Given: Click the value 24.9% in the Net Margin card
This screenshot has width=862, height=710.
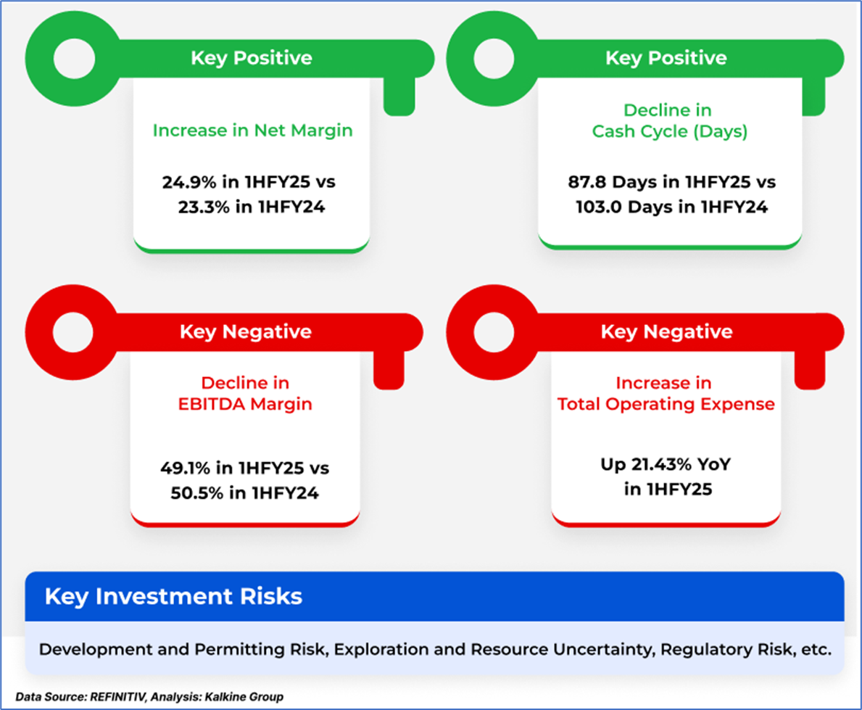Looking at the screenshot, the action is point(188,182).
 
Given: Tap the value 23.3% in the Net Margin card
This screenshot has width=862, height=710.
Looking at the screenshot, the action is point(204,207).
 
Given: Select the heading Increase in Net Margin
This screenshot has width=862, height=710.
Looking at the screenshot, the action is point(252,131).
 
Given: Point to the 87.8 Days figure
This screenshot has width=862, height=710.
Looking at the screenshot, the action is point(614,182).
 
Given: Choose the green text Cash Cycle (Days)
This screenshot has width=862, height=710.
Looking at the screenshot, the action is point(670,131).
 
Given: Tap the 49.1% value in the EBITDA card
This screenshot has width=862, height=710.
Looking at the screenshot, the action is point(186,468).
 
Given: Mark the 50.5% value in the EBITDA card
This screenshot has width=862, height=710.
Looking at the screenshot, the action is point(196,492).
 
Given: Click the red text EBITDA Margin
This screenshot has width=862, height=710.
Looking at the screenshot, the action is point(245,404).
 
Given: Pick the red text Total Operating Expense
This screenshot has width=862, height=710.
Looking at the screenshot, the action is point(666,404).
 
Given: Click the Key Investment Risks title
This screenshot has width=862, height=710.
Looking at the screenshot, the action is point(174,597).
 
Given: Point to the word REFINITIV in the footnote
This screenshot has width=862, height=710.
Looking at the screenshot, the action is point(117,697).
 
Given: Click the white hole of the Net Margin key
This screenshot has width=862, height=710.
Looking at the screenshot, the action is point(74,59).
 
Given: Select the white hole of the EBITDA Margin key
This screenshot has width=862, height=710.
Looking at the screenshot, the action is point(73,332).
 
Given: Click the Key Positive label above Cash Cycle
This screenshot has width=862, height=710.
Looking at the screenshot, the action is point(666,58).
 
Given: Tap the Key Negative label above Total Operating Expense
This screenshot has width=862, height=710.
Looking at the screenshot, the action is point(666,331).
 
